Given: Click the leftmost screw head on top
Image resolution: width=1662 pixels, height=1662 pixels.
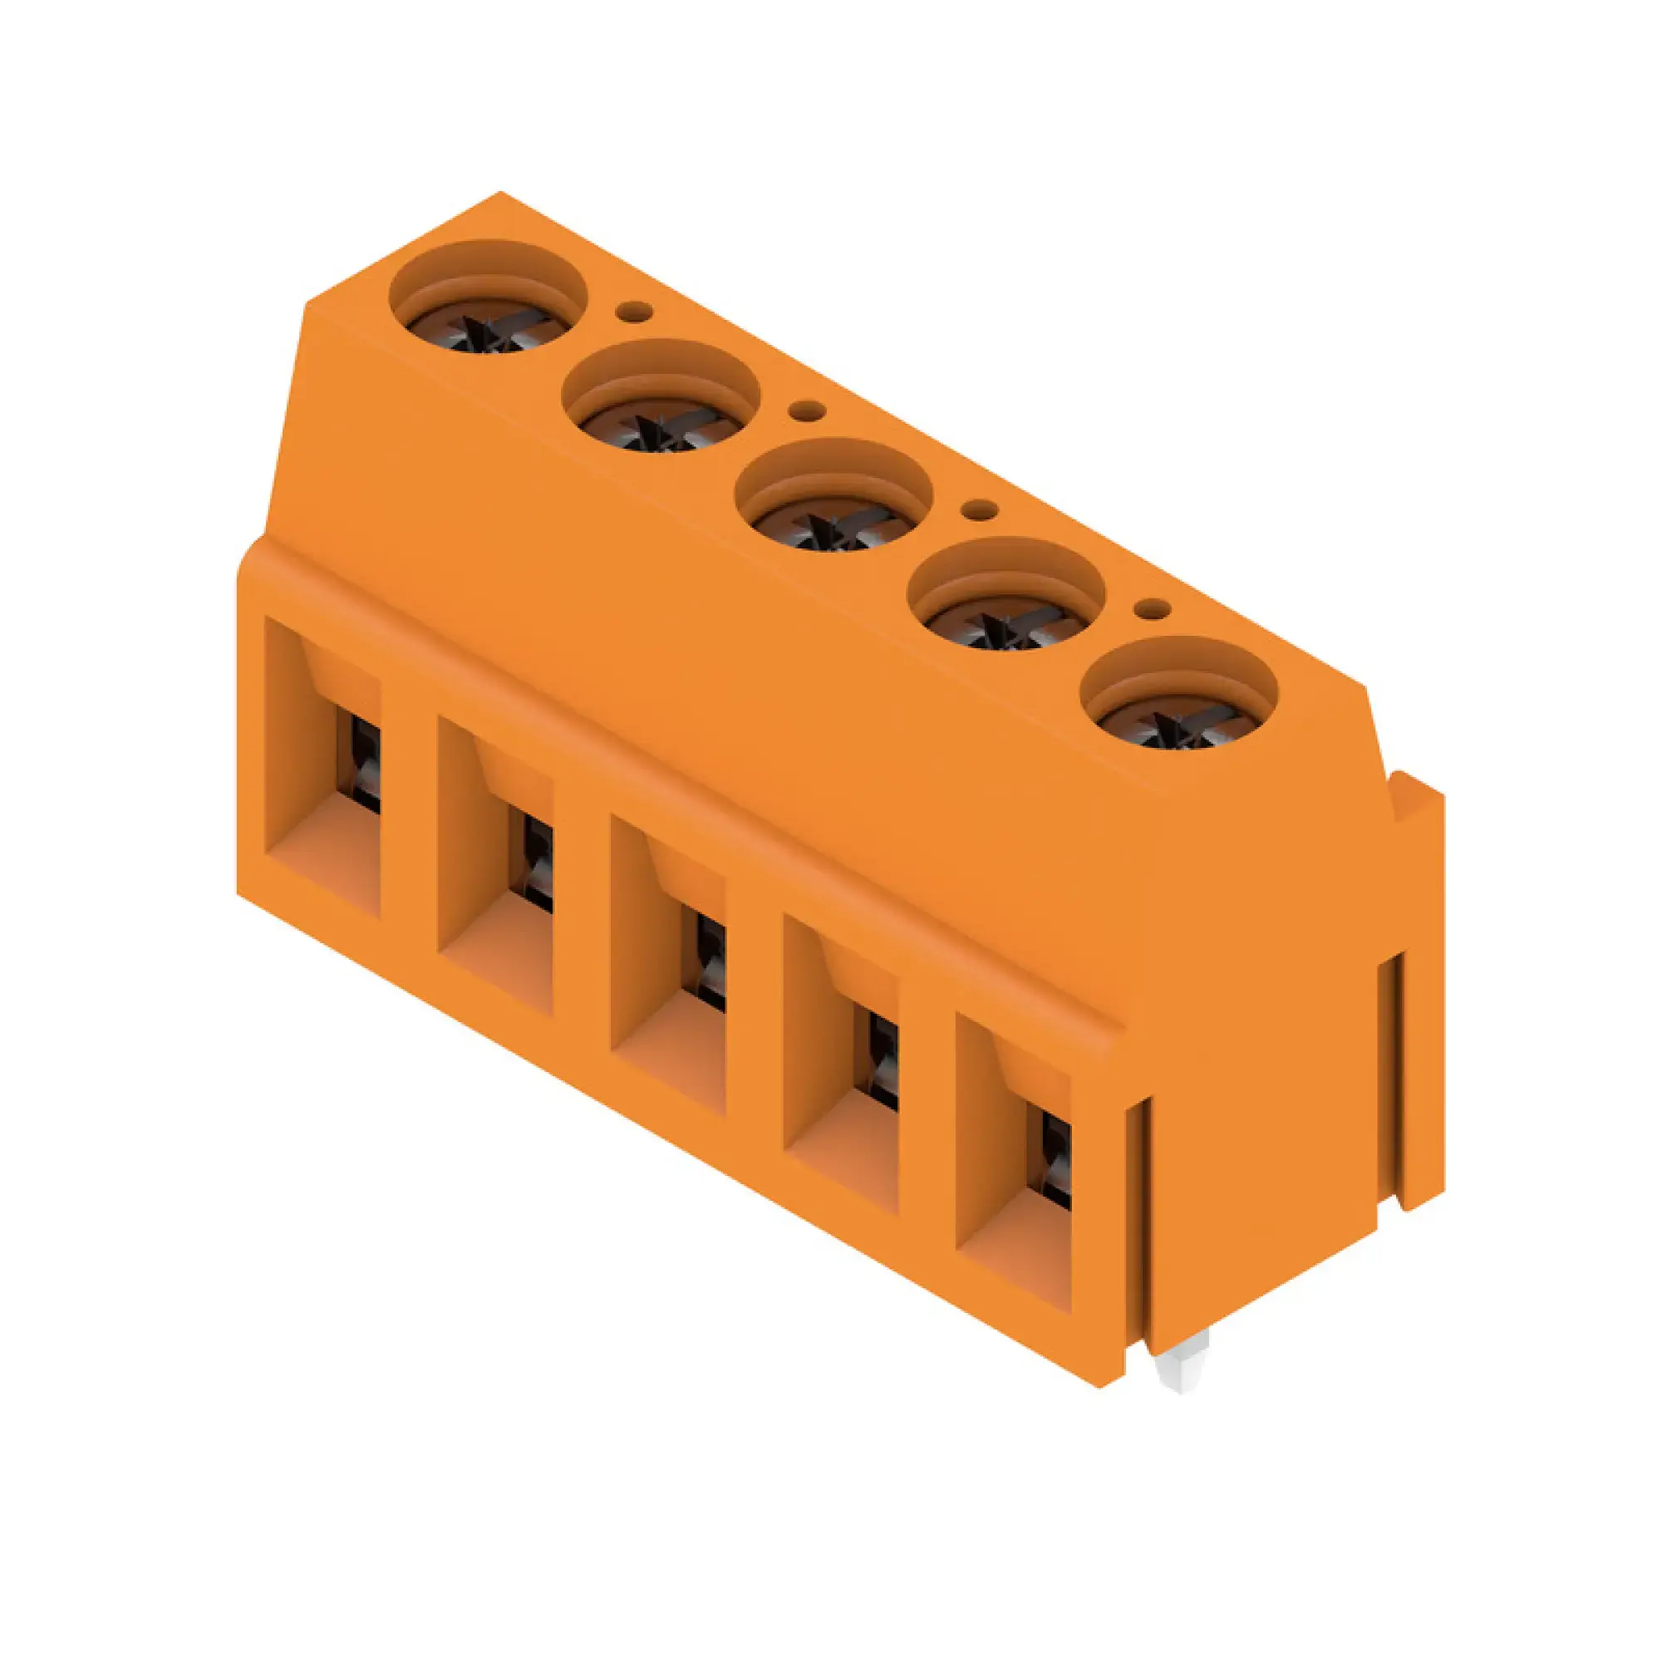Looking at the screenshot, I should coord(488,332).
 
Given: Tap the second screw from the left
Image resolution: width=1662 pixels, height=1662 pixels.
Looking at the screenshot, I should coord(661,430).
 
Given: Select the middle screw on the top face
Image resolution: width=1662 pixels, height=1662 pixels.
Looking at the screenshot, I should coord(833,529).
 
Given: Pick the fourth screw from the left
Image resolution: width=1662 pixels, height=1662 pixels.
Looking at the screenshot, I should coord(1006,628).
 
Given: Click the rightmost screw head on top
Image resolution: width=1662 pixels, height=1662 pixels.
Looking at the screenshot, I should coord(1178,727).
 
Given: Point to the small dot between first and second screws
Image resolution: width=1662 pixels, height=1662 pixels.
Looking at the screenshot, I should coord(634,312).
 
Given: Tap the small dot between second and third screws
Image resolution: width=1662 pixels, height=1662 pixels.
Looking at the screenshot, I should coord(806,411).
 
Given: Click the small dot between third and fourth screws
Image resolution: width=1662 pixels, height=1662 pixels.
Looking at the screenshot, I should coord(978,510).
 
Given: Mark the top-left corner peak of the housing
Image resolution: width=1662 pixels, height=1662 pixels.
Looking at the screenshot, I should coord(499,194).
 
